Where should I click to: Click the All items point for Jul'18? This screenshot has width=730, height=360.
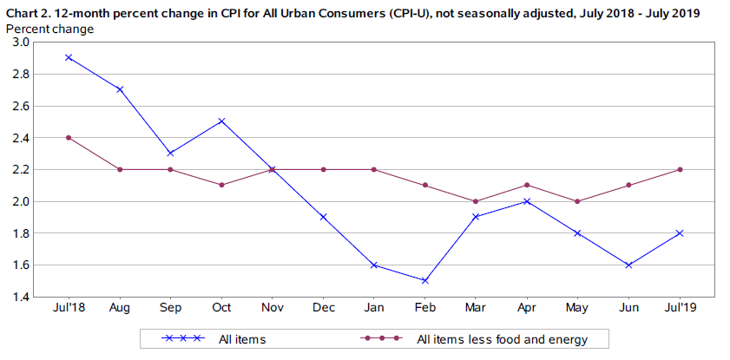(69, 57)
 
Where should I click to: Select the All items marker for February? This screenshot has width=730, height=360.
(425, 280)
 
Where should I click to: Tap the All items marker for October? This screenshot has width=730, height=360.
(221, 121)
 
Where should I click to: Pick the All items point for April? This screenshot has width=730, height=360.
(527, 200)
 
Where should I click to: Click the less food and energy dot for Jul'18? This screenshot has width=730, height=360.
(69, 137)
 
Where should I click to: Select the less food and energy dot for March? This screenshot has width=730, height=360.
(477, 200)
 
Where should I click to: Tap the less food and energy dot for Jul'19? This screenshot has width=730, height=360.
(681, 169)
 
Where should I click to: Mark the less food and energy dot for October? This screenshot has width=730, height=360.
(221, 185)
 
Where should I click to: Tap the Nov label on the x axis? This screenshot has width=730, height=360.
(273, 308)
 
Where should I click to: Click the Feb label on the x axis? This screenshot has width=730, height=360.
(425, 308)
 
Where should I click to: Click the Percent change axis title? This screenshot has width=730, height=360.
(50, 28)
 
